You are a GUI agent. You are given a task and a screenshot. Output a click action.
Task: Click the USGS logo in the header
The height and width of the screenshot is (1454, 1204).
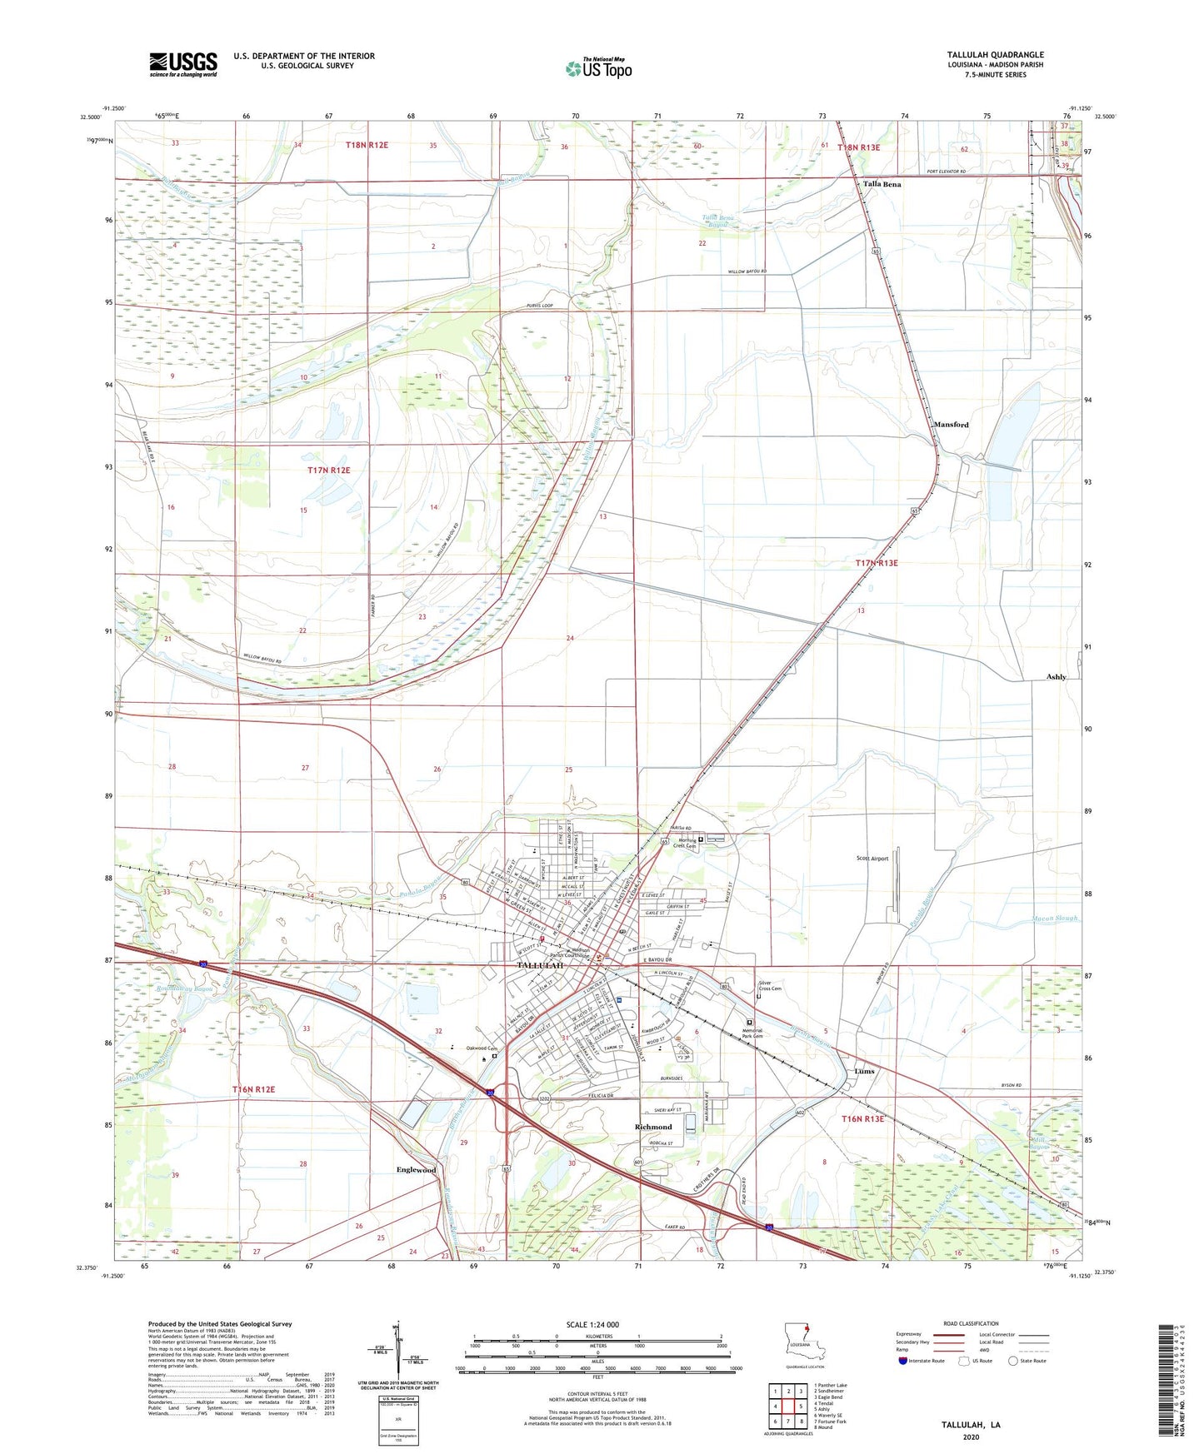[183, 63]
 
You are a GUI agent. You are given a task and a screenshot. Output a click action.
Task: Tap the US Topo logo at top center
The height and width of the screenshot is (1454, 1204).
[598, 68]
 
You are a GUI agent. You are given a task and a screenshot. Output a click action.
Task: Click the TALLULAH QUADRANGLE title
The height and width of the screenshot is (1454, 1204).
[995, 55]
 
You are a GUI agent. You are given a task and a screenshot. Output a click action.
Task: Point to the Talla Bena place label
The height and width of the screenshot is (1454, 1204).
[882, 184]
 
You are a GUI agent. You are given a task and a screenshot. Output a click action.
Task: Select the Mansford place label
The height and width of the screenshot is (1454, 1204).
[951, 425]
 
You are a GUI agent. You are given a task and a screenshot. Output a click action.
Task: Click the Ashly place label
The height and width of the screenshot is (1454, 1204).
[1056, 677]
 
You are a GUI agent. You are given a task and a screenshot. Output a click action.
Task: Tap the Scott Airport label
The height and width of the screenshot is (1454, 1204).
[872, 858]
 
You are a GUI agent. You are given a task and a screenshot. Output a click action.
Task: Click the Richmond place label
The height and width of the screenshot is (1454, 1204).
[653, 1127]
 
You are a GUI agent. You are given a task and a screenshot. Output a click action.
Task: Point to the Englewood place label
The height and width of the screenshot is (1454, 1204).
[416, 1170]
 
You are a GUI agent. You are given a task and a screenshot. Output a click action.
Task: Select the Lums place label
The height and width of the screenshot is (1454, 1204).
[864, 1071]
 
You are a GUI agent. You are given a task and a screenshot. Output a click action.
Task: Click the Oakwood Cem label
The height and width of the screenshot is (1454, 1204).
[482, 1048]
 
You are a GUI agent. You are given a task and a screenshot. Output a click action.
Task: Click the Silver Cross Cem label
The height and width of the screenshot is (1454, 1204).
[770, 986]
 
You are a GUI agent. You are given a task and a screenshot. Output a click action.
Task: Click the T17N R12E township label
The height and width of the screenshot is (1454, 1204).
[329, 471]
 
